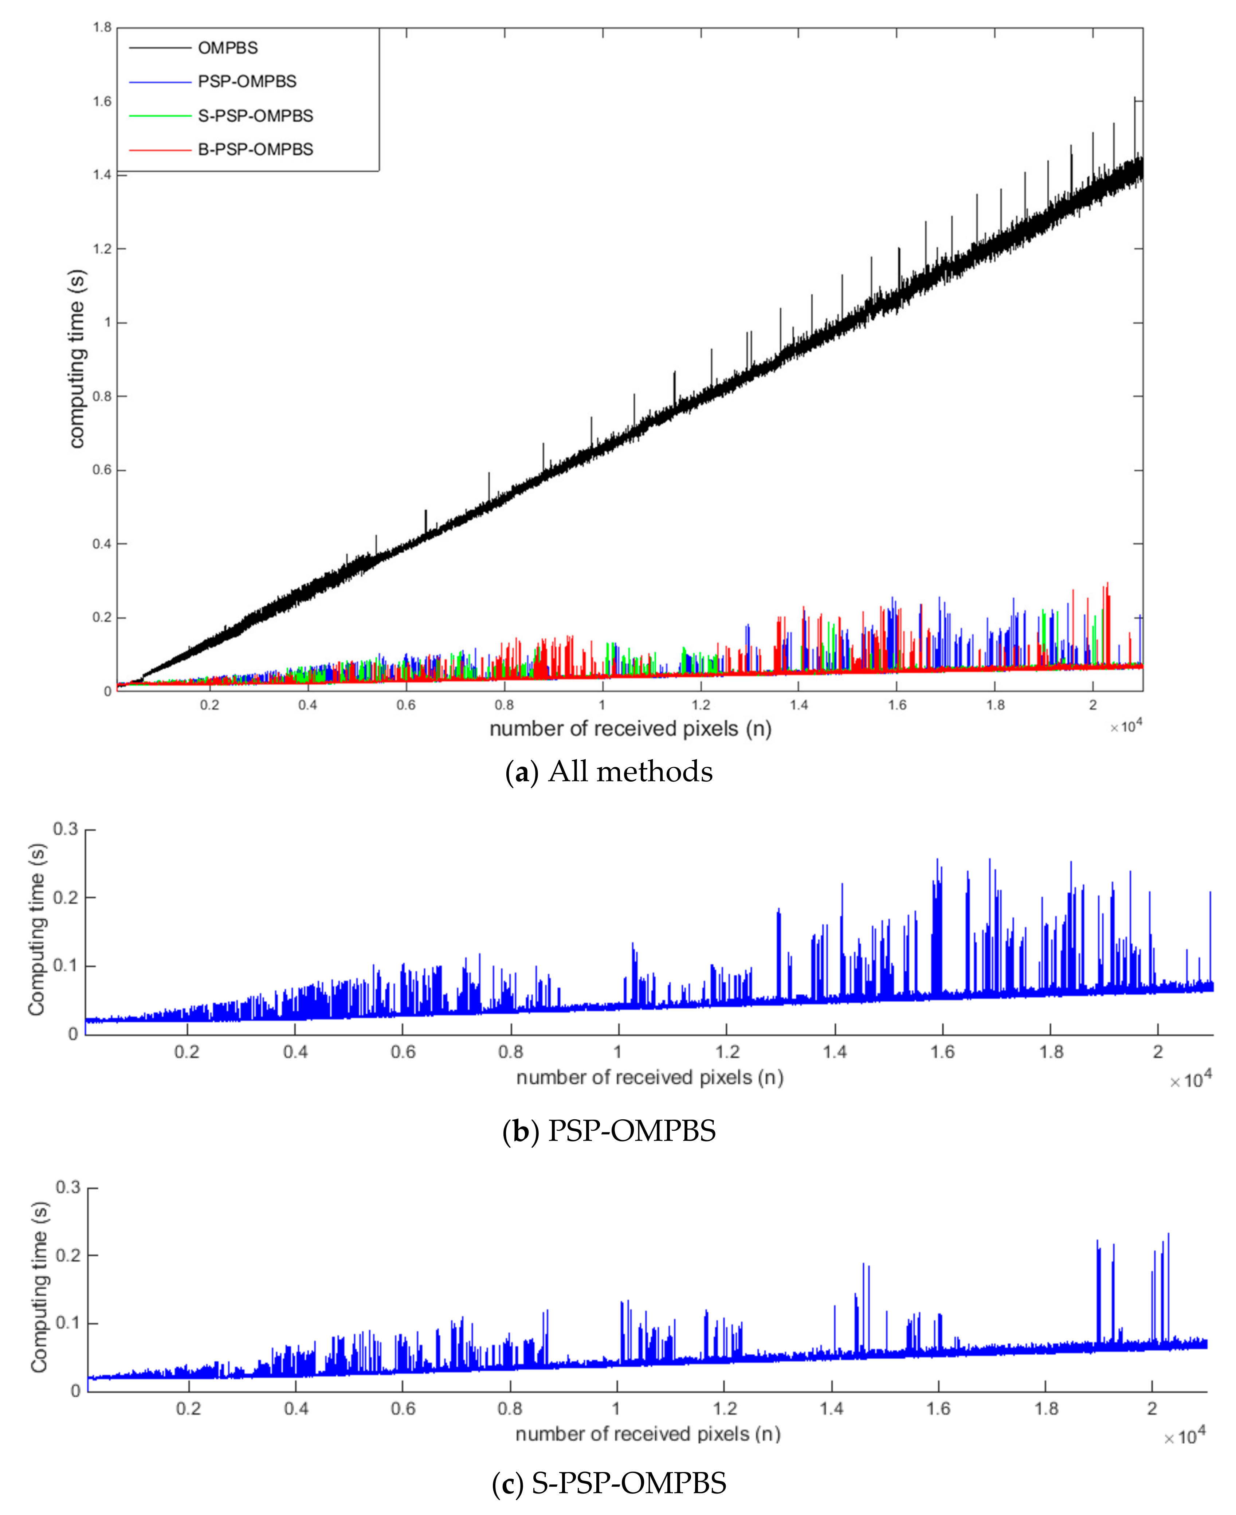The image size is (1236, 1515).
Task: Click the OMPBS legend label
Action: click(228, 48)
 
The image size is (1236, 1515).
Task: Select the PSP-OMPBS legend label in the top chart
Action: click(247, 81)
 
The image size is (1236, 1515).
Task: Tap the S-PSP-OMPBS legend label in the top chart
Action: click(256, 116)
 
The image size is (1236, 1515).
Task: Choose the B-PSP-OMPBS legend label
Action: click(256, 149)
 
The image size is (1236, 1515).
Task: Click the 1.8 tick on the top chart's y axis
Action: click(102, 28)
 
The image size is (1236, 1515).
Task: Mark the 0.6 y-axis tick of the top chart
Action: click(102, 470)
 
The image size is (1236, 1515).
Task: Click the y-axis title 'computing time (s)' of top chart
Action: click(77, 359)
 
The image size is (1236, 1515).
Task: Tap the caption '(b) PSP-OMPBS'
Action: click(609, 1131)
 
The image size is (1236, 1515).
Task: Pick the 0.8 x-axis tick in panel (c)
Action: click(510, 1408)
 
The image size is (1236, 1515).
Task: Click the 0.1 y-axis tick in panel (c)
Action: click(68, 1323)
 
